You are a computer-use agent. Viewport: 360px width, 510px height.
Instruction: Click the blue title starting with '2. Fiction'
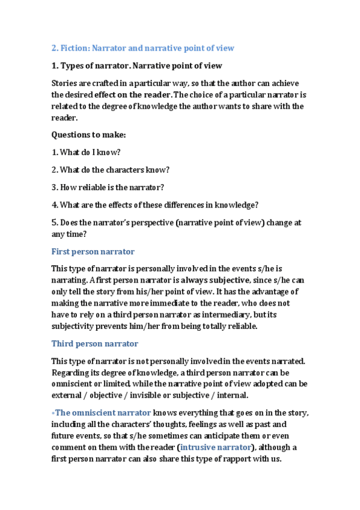point(142,48)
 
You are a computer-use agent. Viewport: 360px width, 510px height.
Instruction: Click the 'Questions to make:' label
point(88,135)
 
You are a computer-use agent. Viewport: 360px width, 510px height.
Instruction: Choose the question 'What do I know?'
point(86,153)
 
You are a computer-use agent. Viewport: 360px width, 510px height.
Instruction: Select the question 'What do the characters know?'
point(110,170)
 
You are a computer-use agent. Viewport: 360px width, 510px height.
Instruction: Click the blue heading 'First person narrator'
point(93,251)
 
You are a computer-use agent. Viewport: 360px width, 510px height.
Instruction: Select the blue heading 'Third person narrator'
point(95,343)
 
